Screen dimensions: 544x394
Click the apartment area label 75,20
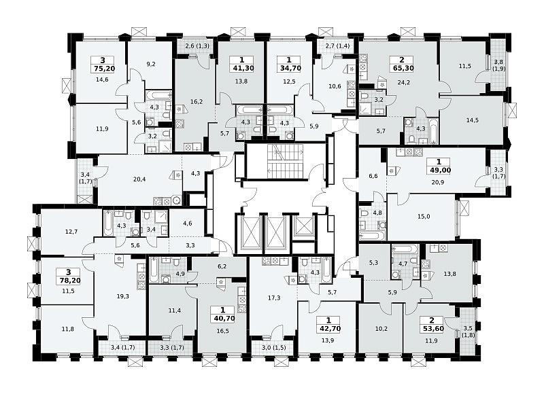tap(104, 68)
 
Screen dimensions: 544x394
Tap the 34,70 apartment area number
tap(290, 68)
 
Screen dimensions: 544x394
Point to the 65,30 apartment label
tap(402, 68)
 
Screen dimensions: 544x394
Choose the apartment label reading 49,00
tap(439, 170)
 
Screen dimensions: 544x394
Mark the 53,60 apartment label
tap(432, 329)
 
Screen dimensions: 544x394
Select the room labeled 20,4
tap(139, 179)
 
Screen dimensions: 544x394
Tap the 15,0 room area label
tap(424, 217)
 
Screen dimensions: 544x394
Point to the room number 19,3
tap(123, 296)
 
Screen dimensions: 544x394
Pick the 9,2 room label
tap(150, 64)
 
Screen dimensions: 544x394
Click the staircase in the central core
tap(285, 160)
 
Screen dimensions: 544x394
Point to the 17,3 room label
tap(274, 298)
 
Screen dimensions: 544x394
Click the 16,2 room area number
tap(197, 102)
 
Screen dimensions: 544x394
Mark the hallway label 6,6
tap(373, 176)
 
